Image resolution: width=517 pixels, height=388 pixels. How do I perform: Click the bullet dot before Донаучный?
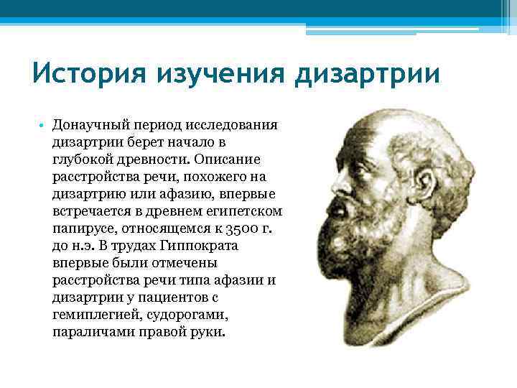tap(42, 126)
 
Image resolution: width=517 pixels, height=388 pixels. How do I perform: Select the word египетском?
tap(242, 212)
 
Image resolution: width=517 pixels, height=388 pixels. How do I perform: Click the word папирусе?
tap(85, 229)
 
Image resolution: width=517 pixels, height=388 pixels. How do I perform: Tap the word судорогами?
tap(191, 315)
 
